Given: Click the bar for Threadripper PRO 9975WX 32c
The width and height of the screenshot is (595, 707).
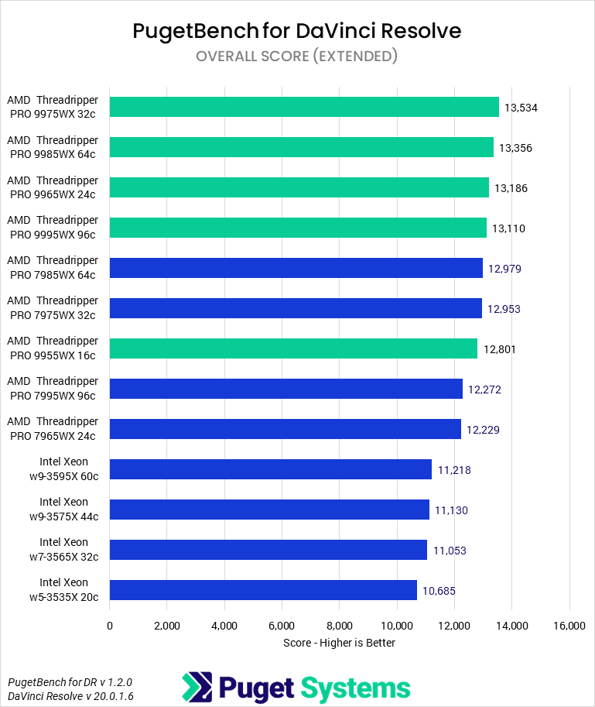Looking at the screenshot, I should (304, 107).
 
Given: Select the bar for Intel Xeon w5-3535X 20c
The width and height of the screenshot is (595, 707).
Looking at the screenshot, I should (263, 590).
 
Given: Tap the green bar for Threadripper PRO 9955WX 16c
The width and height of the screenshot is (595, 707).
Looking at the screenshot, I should (293, 348).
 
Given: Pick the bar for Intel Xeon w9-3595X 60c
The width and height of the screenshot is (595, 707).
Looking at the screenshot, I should (270, 469).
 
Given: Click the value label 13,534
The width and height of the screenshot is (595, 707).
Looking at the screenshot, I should (521, 108).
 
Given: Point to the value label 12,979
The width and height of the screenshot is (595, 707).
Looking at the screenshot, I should (504, 269).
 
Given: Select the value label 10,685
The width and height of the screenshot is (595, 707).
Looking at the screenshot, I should (439, 591).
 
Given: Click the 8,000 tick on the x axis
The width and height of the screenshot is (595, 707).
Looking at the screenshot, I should (340, 626).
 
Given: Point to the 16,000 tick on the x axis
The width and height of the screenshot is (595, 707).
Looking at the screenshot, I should (569, 626).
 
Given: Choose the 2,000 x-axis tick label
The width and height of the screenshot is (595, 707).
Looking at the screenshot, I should (167, 626).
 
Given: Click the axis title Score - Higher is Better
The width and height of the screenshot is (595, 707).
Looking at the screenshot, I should (339, 643).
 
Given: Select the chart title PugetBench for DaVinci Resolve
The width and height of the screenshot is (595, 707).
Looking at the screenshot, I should (297, 31).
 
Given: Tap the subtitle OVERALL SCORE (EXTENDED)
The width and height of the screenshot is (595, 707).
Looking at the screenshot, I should (297, 56).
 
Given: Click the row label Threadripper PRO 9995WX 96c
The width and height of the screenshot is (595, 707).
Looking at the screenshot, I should (53, 228).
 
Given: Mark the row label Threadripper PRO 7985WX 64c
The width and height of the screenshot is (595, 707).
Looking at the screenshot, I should (53, 268).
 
